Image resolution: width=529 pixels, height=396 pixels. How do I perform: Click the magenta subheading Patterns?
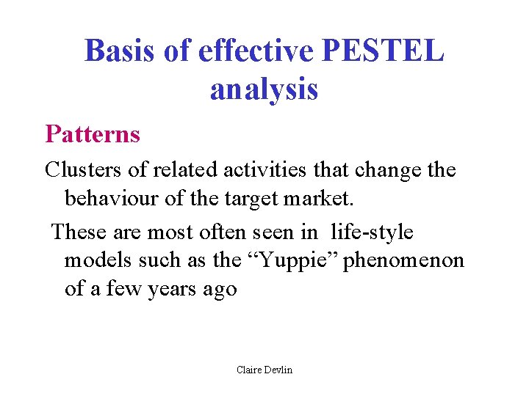(93, 133)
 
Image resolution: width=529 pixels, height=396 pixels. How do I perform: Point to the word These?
(78, 232)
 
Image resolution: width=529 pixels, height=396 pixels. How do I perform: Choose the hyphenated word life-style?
(373, 232)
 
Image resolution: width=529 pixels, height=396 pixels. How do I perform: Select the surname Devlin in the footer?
(278, 370)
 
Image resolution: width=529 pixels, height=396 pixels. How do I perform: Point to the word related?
(187, 170)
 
